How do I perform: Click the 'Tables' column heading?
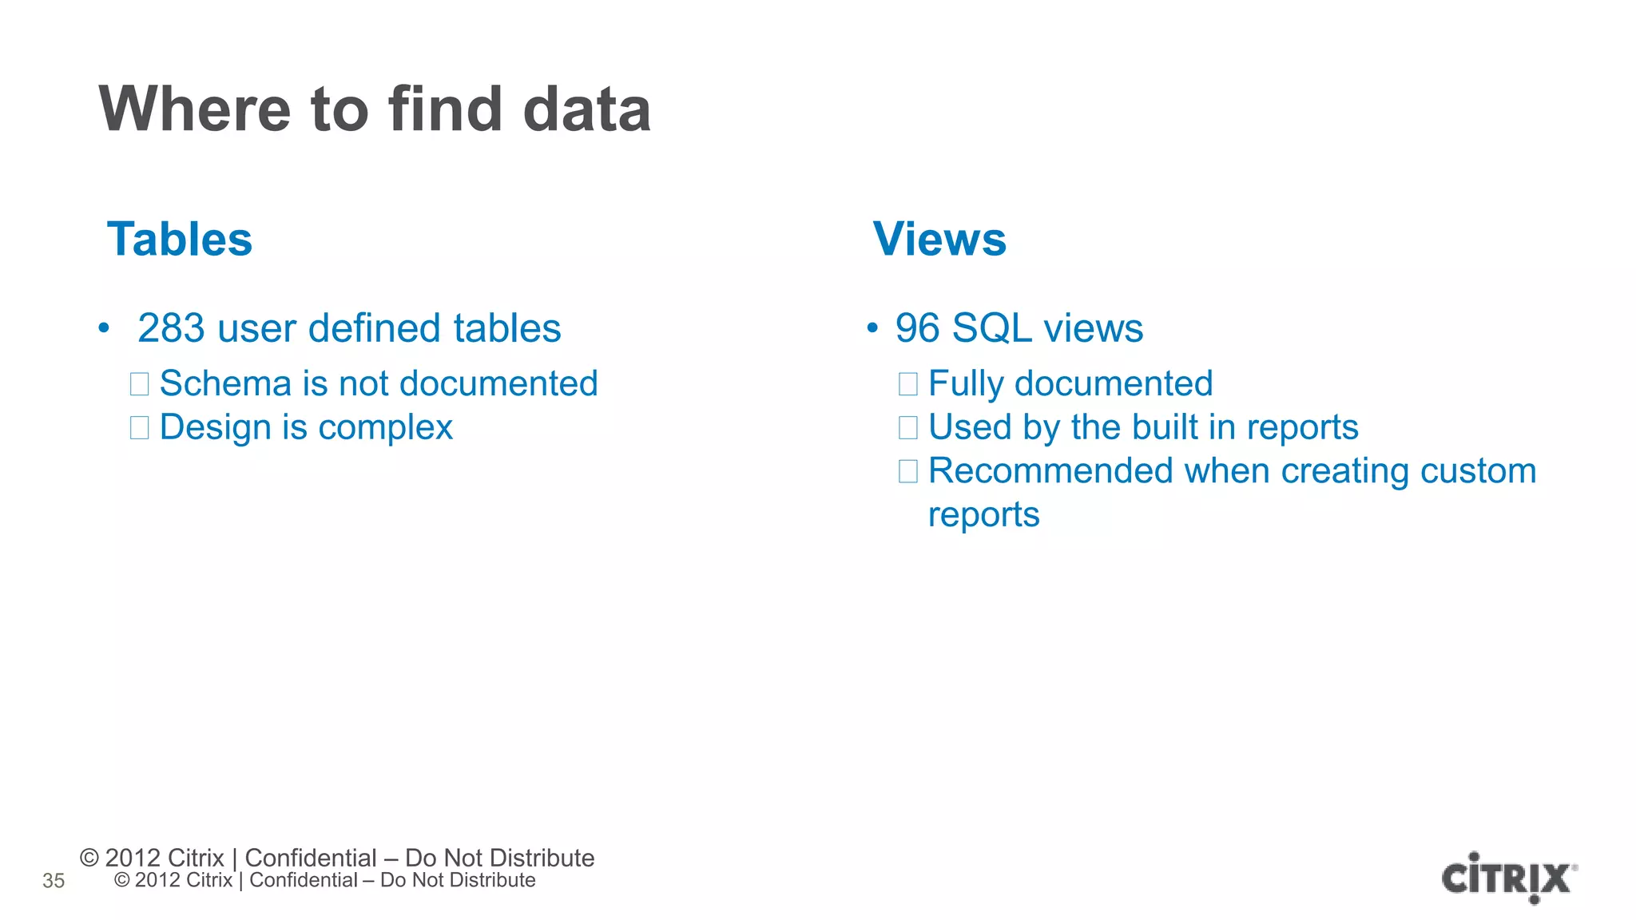tap(180, 240)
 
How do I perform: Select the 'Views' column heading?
tap(939, 240)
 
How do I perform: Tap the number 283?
tap(171, 329)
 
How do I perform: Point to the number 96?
tap(917, 329)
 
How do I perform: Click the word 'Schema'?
tap(225, 384)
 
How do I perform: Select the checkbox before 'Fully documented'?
tap(907, 384)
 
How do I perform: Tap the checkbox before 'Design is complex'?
tap(139, 428)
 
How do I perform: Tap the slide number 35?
tap(54, 881)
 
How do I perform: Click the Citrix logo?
tap(1508, 878)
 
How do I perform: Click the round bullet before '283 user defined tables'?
tap(103, 329)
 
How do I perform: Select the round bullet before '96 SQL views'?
tap(872, 329)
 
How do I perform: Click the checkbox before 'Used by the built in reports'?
tap(907, 428)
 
